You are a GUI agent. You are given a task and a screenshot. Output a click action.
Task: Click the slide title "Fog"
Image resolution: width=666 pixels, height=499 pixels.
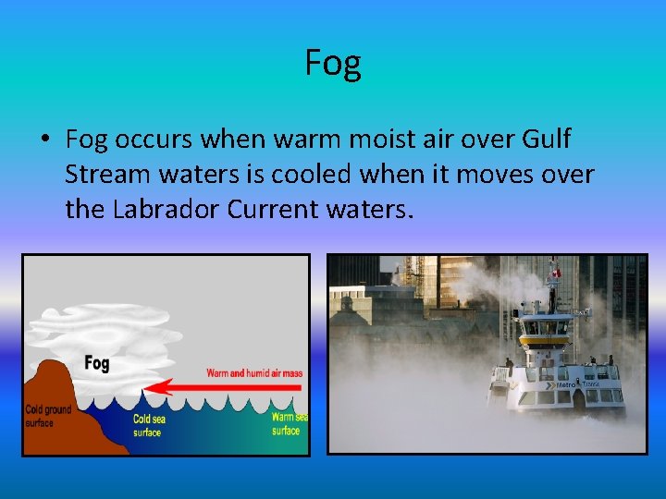[333, 63]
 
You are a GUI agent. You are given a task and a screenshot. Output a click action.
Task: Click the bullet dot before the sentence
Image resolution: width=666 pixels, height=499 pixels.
[43, 140]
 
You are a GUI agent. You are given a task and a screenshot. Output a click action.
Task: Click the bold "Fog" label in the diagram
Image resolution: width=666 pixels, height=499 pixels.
[96, 363]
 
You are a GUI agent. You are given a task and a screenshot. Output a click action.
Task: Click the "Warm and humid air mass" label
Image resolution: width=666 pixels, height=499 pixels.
[254, 373]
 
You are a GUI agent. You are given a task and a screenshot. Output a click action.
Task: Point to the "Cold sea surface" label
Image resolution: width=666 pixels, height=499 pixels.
[148, 425]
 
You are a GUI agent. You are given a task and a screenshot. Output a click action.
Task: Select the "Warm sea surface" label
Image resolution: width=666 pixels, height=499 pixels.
[287, 423]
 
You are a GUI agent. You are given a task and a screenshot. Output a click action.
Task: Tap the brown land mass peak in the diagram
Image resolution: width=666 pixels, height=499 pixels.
[55, 370]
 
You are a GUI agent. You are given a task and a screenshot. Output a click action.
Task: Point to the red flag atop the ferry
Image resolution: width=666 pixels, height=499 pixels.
[556, 274]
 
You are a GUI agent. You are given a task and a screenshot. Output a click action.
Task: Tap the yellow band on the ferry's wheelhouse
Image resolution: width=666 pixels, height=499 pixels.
[546, 338]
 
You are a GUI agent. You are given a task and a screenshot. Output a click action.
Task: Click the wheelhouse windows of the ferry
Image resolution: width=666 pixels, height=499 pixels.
[546, 325]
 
